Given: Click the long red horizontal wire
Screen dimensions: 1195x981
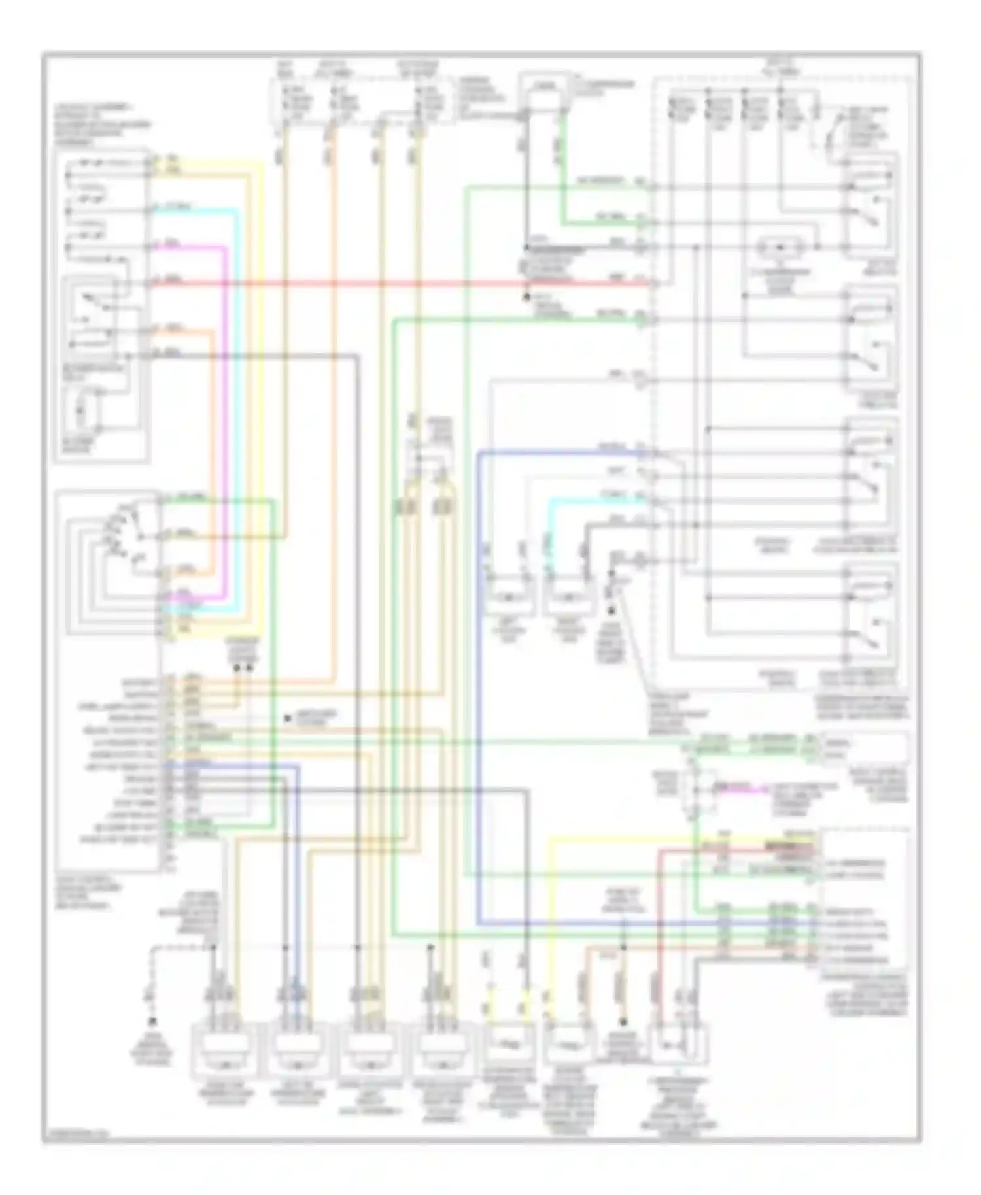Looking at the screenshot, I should [392, 284].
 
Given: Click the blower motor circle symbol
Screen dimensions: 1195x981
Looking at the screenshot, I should [82, 411].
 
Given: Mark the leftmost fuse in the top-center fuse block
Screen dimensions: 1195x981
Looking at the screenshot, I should [286, 101].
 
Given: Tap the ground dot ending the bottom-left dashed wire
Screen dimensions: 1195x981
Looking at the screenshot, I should [153, 1021].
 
